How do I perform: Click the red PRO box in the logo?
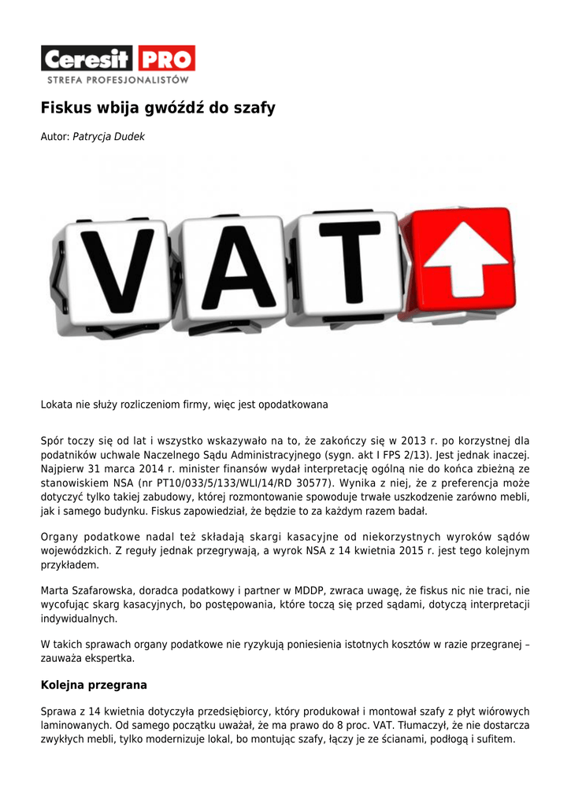point(166,58)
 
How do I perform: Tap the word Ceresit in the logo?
point(88,59)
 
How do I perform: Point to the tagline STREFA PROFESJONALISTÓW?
point(118,79)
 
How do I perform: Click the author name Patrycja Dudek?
point(109,137)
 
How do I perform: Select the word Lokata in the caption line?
point(55,405)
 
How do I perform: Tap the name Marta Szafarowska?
point(90,590)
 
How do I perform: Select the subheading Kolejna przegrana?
point(94,685)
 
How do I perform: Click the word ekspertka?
point(110,658)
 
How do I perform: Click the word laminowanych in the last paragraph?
point(75,725)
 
